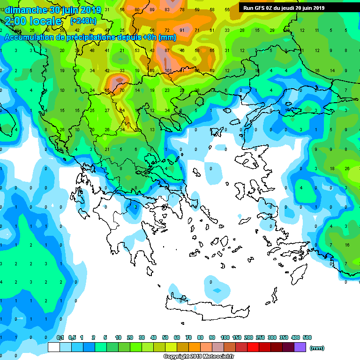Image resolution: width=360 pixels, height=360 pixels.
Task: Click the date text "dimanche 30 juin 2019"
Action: [50, 10]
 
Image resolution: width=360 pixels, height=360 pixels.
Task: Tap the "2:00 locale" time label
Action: [33, 21]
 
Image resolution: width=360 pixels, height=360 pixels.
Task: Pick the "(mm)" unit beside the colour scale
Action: [317, 348]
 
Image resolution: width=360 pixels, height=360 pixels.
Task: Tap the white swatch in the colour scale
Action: [54, 347]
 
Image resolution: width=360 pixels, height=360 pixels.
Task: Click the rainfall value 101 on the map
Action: [168, 71]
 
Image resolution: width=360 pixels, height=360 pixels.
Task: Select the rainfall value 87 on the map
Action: [167, 50]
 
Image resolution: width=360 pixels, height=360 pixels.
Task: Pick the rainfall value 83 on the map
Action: [167, 9]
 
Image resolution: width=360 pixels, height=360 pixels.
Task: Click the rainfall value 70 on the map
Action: [122, 90]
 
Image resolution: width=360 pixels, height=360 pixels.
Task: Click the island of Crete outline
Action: [202, 305]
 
